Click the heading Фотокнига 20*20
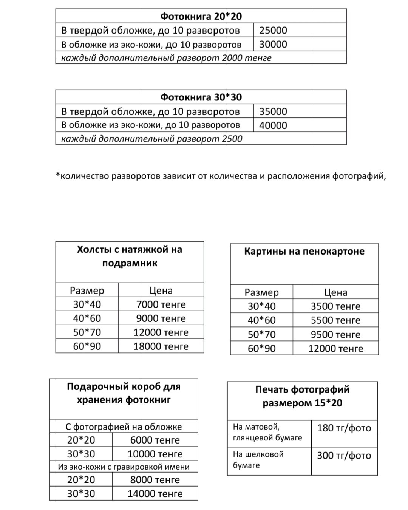[201, 16]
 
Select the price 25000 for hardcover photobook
[273, 30]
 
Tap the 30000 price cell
[273, 44]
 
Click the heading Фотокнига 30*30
[201, 97]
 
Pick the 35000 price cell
[273, 111]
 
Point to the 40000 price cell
[273, 125]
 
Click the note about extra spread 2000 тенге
[166, 58]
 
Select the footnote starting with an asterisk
[221, 176]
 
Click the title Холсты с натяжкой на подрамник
[130, 256]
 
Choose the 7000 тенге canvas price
[161, 304]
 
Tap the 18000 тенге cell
[161, 346]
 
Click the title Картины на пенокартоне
[304, 252]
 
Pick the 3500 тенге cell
[335, 306]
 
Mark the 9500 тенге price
[335, 335]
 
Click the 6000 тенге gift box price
[155, 440]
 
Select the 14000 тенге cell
[155, 494]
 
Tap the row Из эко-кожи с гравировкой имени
[124, 467]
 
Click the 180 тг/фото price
[344, 428]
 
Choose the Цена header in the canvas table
[161, 291]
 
